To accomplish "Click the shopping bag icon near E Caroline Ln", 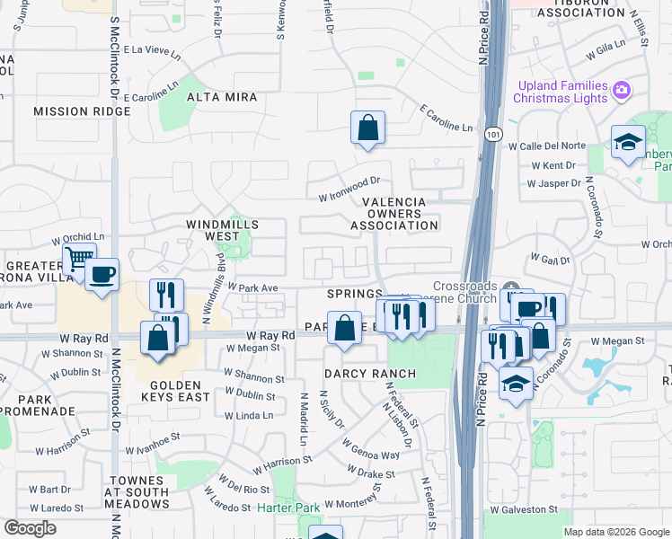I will pos(367,129).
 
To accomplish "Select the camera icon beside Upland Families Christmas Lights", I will pos(621,90).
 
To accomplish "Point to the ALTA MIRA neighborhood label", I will pos(222,97).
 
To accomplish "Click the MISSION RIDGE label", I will pos(74,111).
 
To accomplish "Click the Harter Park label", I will pos(288,508).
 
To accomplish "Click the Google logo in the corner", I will pos(30,528).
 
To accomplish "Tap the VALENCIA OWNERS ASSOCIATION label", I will pos(394,214).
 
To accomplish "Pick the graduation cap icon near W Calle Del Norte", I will pos(628,142).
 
